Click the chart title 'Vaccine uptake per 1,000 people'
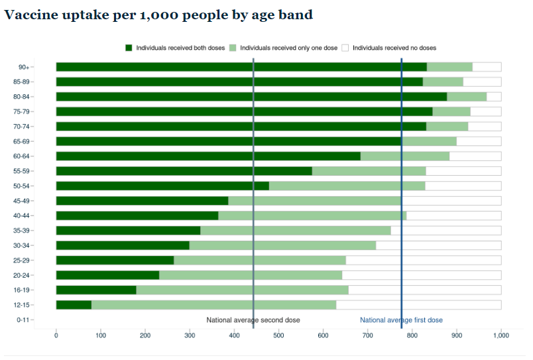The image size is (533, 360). point(158,15)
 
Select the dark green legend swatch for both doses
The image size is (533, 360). point(129,48)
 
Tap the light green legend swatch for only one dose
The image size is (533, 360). point(233,48)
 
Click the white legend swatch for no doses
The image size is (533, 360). point(345,48)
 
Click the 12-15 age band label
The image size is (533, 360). point(21,305)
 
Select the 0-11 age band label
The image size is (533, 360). point(23,320)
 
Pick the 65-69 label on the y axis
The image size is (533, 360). point(21,141)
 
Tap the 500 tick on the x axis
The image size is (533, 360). point(278,336)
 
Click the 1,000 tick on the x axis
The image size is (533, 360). point(501,336)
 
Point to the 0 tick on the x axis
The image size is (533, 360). point(56,336)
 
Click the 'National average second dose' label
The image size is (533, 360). point(253,320)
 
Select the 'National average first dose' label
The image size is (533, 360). point(401,320)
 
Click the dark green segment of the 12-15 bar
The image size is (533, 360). point(74,305)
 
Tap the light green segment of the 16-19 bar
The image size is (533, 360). point(242,290)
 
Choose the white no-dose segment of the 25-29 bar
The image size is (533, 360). point(423,260)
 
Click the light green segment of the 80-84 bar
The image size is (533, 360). point(467,97)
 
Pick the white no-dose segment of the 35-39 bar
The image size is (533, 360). point(445,231)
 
